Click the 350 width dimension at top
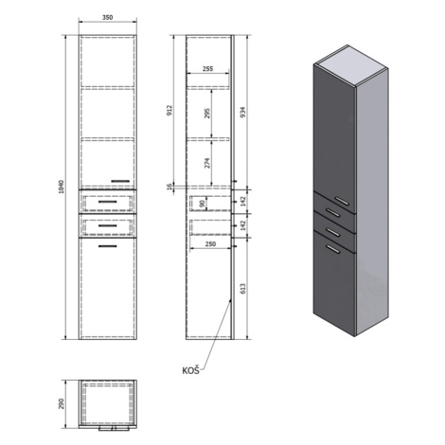(x=107, y=18)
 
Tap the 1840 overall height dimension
(x=62, y=187)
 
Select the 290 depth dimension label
(x=62, y=404)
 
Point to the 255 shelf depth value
(x=207, y=68)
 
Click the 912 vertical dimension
(x=169, y=111)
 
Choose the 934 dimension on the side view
(x=243, y=113)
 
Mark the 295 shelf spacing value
(x=207, y=113)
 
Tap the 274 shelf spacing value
(x=207, y=163)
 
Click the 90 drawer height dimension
(x=203, y=204)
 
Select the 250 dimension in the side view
(x=210, y=244)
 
